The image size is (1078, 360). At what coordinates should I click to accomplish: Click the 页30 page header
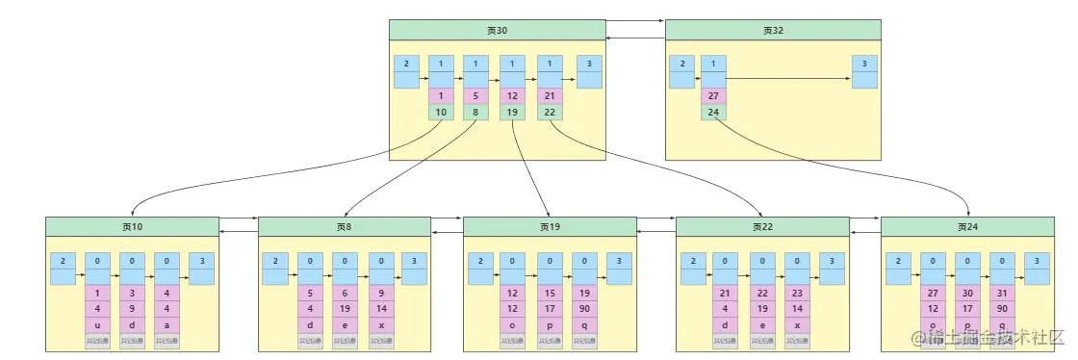click(x=497, y=30)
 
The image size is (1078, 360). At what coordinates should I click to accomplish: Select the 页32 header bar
click(x=773, y=30)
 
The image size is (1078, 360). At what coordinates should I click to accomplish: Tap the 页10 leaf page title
click(x=132, y=227)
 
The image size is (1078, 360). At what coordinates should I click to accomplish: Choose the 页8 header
click(x=344, y=227)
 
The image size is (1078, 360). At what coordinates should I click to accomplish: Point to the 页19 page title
click(x=550, y=227)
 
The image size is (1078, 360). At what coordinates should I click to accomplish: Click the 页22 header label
click(x=762, y=227)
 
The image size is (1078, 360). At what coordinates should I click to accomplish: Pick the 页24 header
click(x=967, y=227)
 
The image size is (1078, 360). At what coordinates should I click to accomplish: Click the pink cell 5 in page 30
click(x=475, y=96)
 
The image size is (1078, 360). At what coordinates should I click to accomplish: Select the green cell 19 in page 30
click(x=512, y=113)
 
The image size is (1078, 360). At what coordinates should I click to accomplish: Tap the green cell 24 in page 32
click(x=713, y=113)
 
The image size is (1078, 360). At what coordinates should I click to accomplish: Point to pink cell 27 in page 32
click(x=713, y=96)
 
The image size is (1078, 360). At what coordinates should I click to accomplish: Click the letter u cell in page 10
click(x=97, y=324)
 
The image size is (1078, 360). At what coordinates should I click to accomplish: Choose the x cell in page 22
click(x=797, y=324)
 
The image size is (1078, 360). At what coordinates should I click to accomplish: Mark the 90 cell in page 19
click(x=584, y=309)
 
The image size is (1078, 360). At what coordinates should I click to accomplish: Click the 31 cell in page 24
click(x=1004, y=293)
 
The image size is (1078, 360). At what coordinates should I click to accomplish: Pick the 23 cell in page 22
click(x=797, y=293)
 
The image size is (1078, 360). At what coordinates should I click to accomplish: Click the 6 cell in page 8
click(x=344, y=293)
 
